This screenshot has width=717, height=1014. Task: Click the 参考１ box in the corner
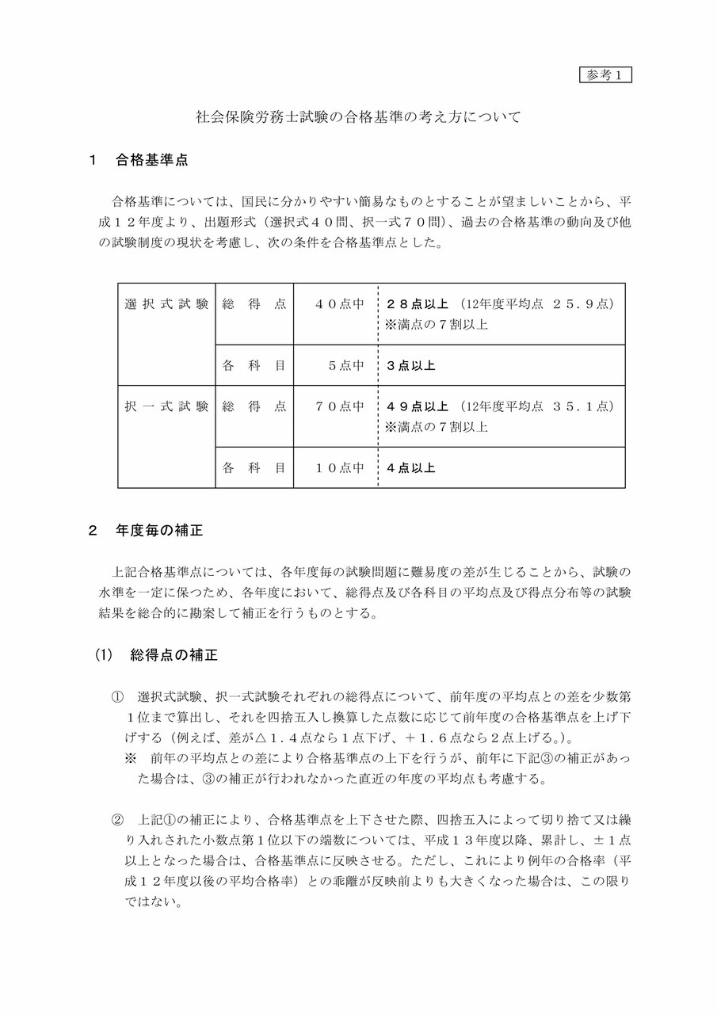click(606, 75)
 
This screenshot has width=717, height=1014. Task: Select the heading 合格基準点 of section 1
click(151, 159)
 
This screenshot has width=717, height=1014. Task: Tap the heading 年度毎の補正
click(159, 531)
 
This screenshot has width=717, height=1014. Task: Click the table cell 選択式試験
click(166, 304)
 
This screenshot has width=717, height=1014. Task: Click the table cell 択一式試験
click(166, 406)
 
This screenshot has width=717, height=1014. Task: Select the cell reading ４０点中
click(338, 304)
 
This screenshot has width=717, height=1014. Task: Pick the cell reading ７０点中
click(338, 406)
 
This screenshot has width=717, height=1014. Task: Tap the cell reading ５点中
click(345, 366)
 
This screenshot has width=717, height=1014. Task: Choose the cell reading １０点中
click(339, 468)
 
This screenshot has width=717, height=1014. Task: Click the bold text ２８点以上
click(417, 304)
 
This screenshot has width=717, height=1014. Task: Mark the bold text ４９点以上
click(417, 406)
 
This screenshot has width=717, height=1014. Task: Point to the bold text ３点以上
click(410, 366)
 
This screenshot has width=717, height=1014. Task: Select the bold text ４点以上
click(410, 468)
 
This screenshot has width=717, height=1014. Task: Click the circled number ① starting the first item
click(117, 697)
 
